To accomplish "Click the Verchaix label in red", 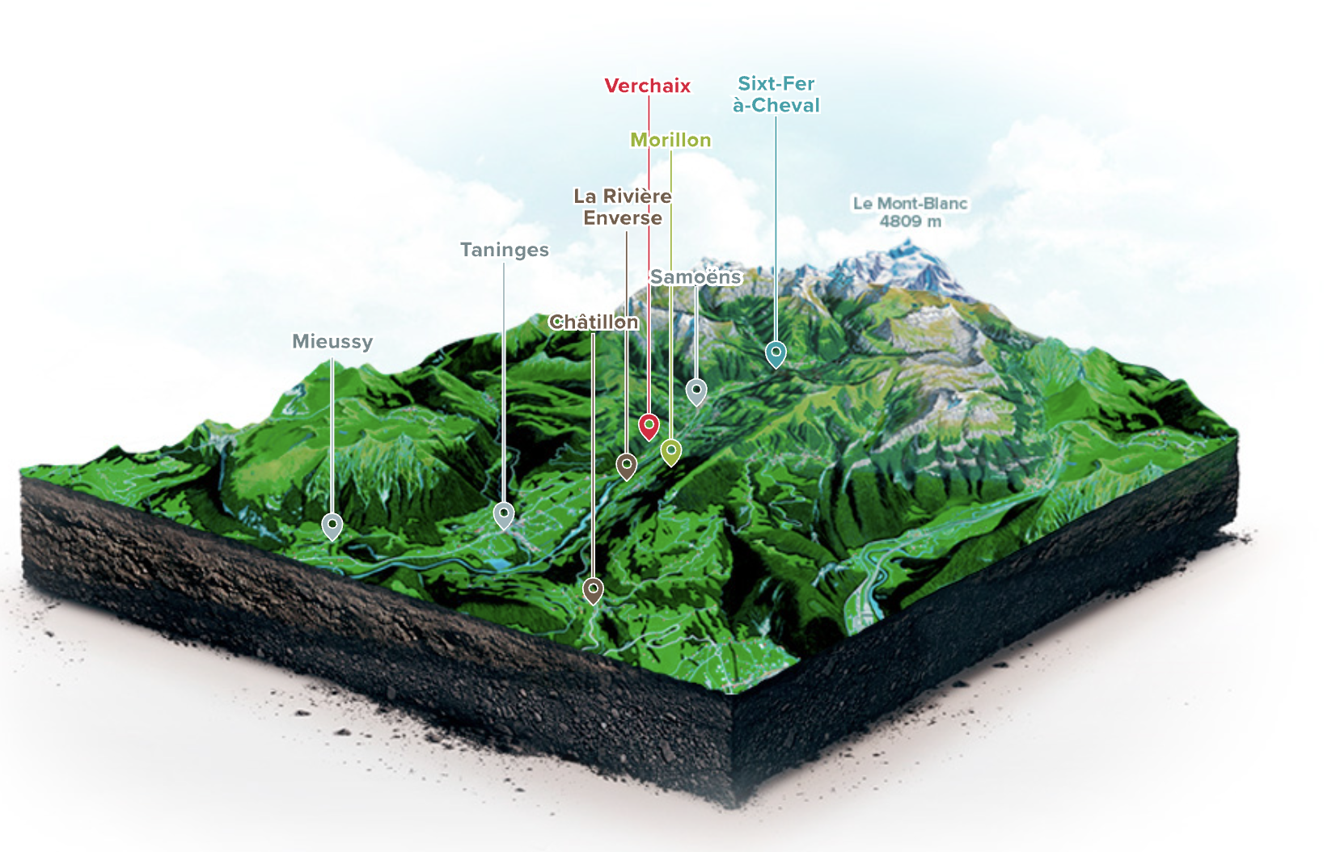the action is [x=647, y=86].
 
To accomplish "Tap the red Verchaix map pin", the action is [x=649, y=426].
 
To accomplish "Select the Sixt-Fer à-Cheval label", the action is [x=776, y=95].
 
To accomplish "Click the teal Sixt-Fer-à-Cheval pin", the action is [x=776, y=353].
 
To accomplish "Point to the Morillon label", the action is [x=671, y=140].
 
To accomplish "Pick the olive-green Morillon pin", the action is [x=671, y=451].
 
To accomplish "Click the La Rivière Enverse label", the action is [x=623, y=207].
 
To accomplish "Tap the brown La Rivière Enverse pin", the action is [x=626, y=466].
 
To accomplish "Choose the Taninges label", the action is [x=505, y=250].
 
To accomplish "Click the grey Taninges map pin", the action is [x=504, y=515].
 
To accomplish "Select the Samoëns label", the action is [x=695, y=277].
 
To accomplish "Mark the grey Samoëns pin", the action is [x=696, y=391].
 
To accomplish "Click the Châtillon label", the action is [x=594, y=323].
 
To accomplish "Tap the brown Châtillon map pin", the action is [x=593, y=590].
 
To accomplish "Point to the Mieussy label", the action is [x=332, y=342].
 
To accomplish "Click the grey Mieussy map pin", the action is [x=332, y=526].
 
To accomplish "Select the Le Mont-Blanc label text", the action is [x=910, y=204].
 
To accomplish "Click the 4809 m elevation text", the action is [x=910, y=221].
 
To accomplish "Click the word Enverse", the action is [x=623, y=218].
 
